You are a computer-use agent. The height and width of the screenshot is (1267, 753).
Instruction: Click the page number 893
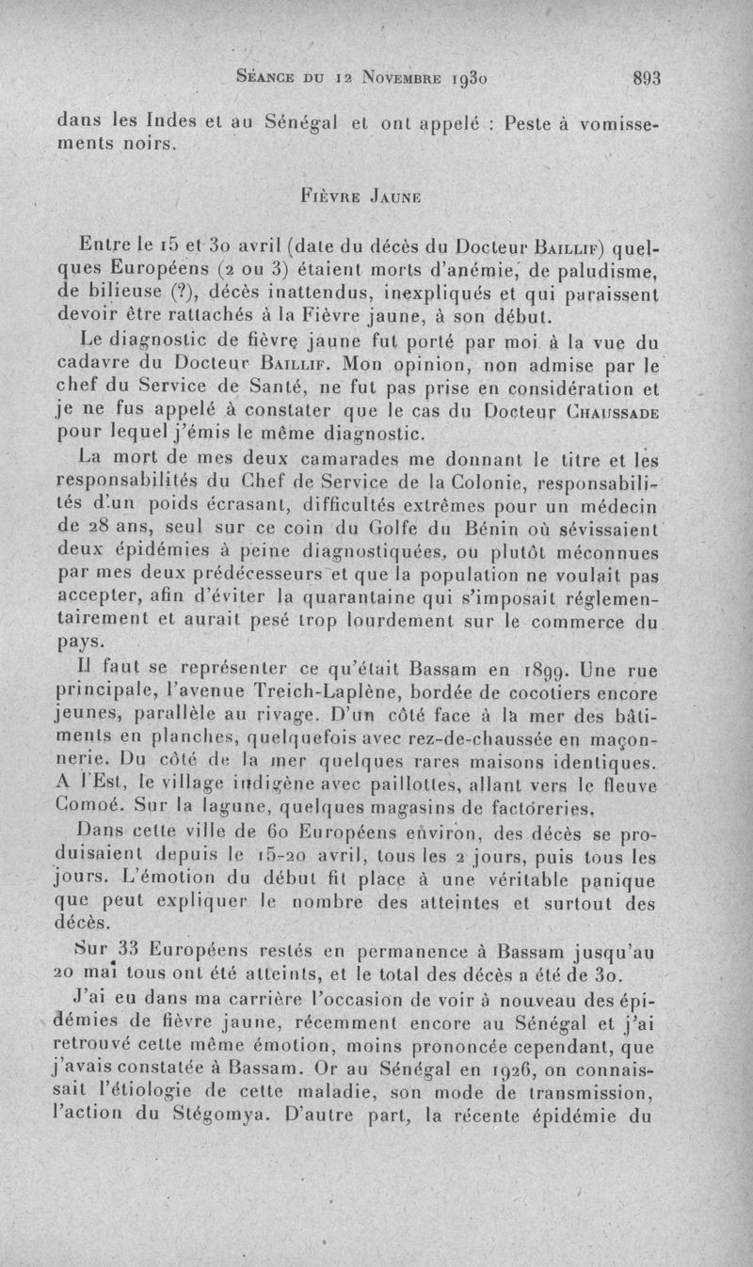tap(647, 78)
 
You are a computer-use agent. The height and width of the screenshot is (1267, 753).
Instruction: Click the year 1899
tap(526, 672)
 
